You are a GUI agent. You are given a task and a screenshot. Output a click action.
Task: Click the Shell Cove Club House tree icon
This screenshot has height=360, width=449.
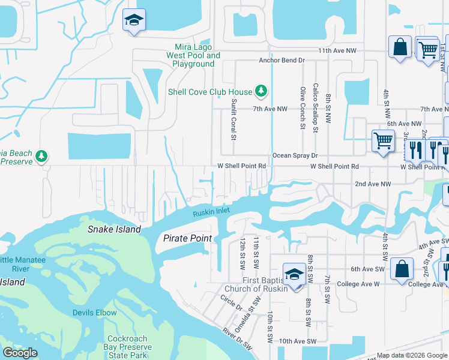261,91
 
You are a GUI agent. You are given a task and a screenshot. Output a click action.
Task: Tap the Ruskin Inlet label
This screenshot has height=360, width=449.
211,212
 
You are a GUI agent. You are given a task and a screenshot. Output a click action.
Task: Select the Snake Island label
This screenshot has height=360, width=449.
114,229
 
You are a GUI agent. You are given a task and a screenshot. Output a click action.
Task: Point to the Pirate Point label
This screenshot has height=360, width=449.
187,238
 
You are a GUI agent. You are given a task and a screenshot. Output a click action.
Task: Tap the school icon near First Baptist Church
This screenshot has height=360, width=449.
294,274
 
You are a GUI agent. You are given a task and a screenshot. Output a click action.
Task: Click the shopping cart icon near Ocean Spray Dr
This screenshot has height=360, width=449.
382,141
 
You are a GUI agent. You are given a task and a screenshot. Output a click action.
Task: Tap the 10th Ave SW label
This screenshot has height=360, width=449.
298,341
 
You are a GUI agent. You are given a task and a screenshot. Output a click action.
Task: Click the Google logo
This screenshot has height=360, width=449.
20,353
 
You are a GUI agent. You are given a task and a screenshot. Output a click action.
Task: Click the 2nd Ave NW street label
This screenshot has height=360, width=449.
373,184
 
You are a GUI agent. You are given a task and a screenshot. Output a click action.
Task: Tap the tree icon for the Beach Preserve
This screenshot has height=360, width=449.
41,157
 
